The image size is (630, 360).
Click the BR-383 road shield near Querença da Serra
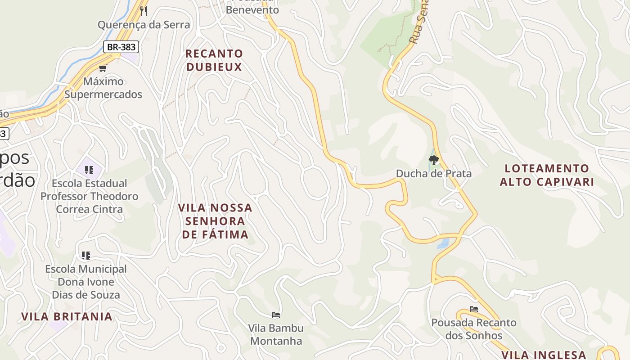tap(121, 47)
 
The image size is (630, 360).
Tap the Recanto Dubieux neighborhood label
tap(214, 60)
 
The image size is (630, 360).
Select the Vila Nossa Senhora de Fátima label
tap(215, 221)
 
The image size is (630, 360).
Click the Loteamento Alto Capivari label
tap(547, 175)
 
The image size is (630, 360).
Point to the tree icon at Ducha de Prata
tap(434, 160)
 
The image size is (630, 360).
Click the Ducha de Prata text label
tap(434, 174)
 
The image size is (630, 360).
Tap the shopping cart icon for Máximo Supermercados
tap(103, 68)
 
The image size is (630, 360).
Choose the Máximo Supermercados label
tap(103, 88)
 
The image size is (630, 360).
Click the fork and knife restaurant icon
tap(144, 11)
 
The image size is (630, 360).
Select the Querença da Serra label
tap(144, 25)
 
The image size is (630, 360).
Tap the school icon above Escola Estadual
tap(89, 170)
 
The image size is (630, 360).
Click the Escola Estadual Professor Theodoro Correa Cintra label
tap(89, 196)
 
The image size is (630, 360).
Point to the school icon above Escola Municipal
tap(86, 256)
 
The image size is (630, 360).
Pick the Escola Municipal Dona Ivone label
tap(86, 282)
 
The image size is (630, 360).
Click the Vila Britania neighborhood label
tap(67, 316)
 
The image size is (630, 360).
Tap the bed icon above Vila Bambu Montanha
tap(276, 315)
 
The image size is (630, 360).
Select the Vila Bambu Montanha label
tap(276, 334)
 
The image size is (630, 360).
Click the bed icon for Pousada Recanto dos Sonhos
tap(473, 309)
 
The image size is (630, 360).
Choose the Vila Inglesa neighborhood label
tap(544, 355)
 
